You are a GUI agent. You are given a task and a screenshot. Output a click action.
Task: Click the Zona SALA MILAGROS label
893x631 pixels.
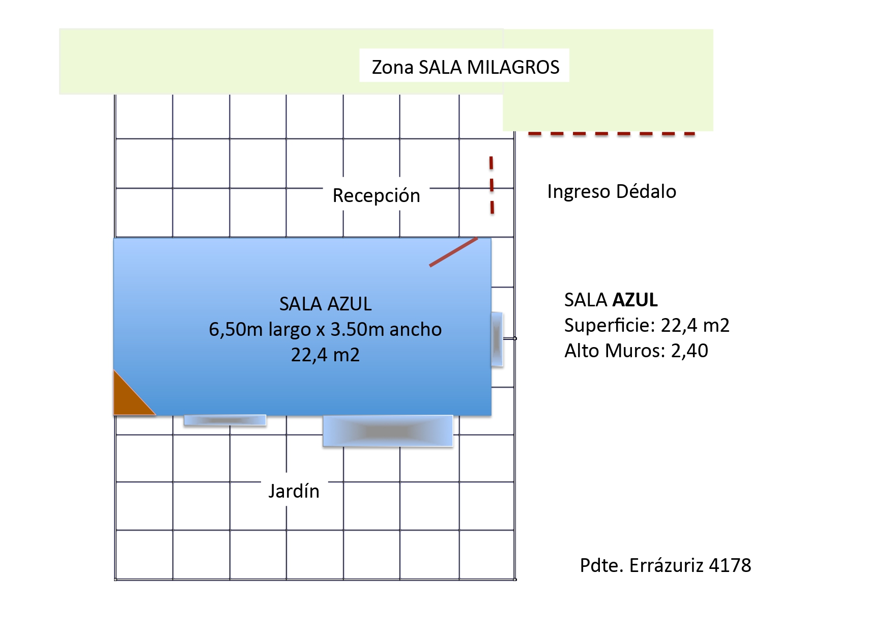pyautogui.click(x=465, y=67)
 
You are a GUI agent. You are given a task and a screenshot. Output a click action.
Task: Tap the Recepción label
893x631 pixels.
pyautogui.click(x=376, y=195)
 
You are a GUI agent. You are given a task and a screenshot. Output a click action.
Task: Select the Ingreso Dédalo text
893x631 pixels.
pyautogui.click(x=611, y=191)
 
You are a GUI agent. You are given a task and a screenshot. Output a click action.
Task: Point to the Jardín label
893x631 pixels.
pyautogui.click(x=294, y=491)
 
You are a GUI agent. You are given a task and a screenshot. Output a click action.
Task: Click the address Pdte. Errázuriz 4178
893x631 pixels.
pyautogui.click(x=665, y=565)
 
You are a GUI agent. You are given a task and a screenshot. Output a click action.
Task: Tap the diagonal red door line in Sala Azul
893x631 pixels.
pyautogui.click(x=453, y=252)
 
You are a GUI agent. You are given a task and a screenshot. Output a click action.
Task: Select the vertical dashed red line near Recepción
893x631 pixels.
pyautogui.click(x=492, y=185)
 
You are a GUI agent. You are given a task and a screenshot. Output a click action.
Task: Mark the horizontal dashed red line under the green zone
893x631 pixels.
pyautogui.click(x=611, y=134)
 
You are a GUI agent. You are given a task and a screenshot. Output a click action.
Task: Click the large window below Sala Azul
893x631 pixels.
pyautogui.click(x=388, y=431)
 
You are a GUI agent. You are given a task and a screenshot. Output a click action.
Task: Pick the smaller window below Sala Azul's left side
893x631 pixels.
pyautogui.click(x=224, y=420)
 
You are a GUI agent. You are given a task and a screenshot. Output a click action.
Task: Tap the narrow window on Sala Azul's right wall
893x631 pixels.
pyautogui.click(x=497, y=339)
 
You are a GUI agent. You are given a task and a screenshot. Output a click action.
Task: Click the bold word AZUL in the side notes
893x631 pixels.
pyautogui.click(x=635, y=300)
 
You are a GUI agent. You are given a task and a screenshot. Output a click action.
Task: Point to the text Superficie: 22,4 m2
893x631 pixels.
pyautogui.click(x=646, y=325)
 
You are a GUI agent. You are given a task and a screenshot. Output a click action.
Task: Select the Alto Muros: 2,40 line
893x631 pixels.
pyautogui.click(x=636, y=351)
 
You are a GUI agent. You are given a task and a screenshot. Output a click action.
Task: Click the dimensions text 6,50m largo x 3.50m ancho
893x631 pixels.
pyautogui.click(x=325, y=329)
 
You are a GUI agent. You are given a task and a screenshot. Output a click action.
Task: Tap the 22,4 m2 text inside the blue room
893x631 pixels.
pyautogui.click(x=325, y=355)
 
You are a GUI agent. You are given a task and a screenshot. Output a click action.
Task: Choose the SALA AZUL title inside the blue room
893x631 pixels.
pyautogui.click(x=325, y=304)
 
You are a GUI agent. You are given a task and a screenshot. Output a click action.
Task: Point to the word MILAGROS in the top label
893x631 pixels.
pyautogui.click(x=513, y=67)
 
